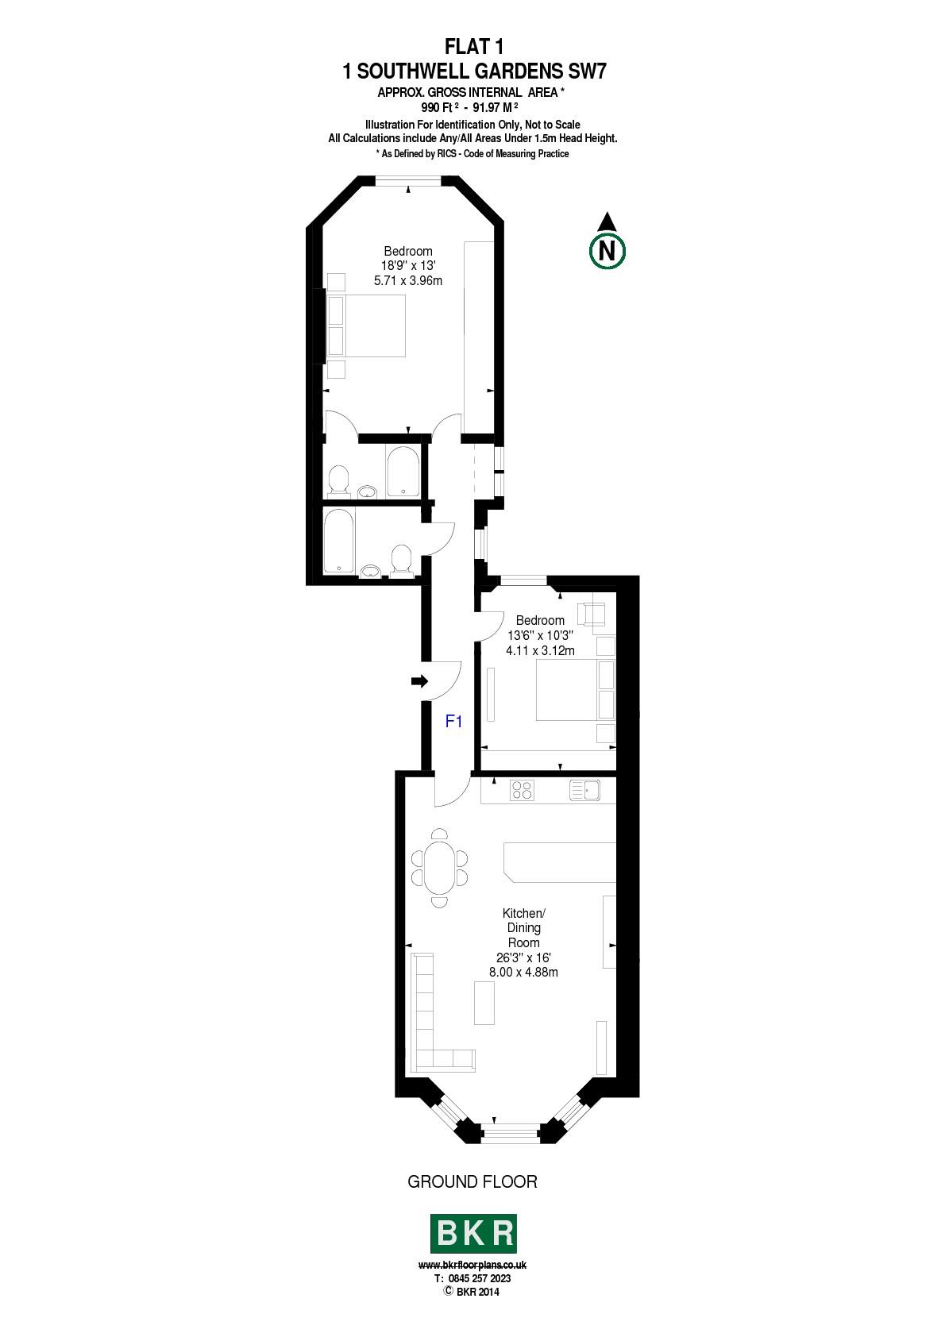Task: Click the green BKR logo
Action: (472, 1234)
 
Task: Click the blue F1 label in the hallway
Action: (453, 722)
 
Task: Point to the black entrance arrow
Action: (420, 681)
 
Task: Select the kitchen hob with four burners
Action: (522, 790)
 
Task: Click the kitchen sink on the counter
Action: (584, 790)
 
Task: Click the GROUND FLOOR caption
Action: (472, 1181)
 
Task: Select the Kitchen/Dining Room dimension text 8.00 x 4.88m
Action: (523, 972)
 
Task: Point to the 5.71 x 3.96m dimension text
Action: (408, 280)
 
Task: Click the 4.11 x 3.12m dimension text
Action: (540, 650)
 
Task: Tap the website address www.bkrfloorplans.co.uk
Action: (472, 1264)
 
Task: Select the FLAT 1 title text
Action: (474, 47)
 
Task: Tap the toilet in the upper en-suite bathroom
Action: (338, 480)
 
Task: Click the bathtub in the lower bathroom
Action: (338, 541)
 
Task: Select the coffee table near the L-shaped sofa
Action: (484, 1003)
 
